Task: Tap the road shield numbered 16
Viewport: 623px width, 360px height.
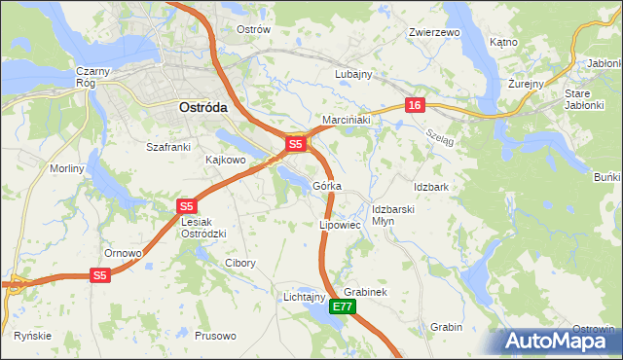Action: pos(415,105)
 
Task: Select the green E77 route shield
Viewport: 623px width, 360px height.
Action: pos(342,306)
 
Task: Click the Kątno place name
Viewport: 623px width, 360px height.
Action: pos(503,43)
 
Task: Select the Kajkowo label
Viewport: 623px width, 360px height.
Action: pos(226,159)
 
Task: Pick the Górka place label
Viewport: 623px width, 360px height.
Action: pos(327,186)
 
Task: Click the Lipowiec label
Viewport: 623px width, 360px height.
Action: pos(341,225)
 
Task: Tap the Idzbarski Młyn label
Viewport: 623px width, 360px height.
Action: pos(394,214)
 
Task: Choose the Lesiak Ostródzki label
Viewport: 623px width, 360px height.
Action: pos(204,228)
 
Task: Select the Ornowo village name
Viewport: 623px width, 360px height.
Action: pos(124,253)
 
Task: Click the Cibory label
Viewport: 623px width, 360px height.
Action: pos(240,263)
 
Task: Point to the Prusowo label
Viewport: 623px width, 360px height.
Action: pos(216,336)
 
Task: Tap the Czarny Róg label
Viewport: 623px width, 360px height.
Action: pos(95,77)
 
